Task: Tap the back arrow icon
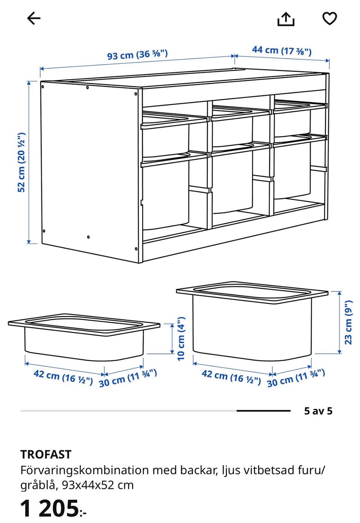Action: pyautogui.click(x=34, y=18)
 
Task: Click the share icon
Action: pyautogui.click(x=286, y=19)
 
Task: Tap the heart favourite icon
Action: pyautogui.click(x=329, y=18)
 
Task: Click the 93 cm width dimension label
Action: pyautogui.click(x=137, y=55)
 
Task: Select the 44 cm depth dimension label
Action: pyautogui.click(x=282, y=50)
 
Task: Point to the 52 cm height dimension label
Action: pyautogui.click(x=21, y=162)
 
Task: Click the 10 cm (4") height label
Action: pyautogui.click(x=181, y=338)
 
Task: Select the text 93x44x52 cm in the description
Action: pyautogui.click(x=98, y=485)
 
